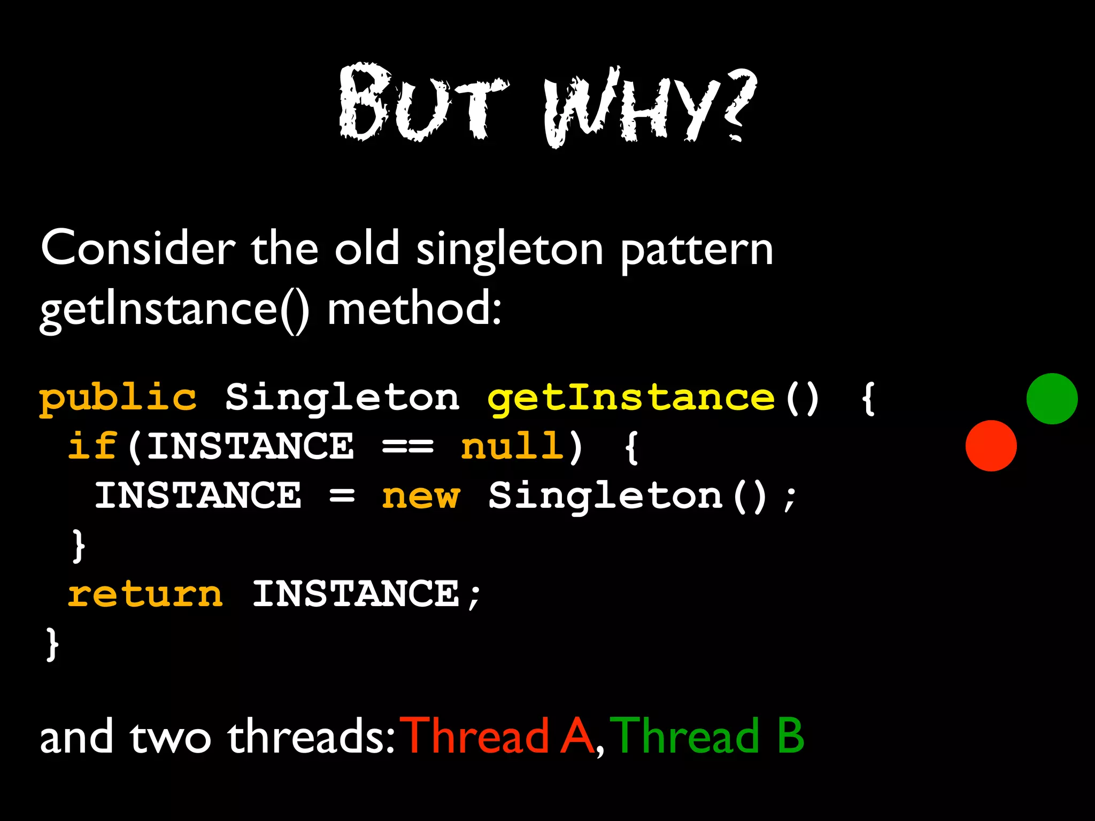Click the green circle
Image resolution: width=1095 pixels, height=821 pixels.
[1052, 399]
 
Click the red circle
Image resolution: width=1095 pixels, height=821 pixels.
[991, 446]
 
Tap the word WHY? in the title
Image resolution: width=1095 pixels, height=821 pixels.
[650, 107]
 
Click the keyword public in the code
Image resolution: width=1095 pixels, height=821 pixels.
[118, 399]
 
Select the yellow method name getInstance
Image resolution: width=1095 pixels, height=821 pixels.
[631, 399]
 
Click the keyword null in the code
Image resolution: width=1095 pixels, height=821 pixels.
[512, 447]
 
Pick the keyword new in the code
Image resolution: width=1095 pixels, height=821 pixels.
[420, 497]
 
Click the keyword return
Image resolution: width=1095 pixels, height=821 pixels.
[145, 594]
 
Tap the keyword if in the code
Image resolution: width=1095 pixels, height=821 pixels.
[92, 447]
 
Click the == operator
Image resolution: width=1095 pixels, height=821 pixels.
[407, 447]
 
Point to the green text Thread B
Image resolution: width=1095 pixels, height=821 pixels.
[707, 737]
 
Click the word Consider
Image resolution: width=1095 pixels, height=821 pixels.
[138, 249]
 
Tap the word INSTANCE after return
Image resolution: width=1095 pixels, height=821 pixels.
[356, 594]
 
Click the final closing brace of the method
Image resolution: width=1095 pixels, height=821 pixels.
[52, 644]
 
